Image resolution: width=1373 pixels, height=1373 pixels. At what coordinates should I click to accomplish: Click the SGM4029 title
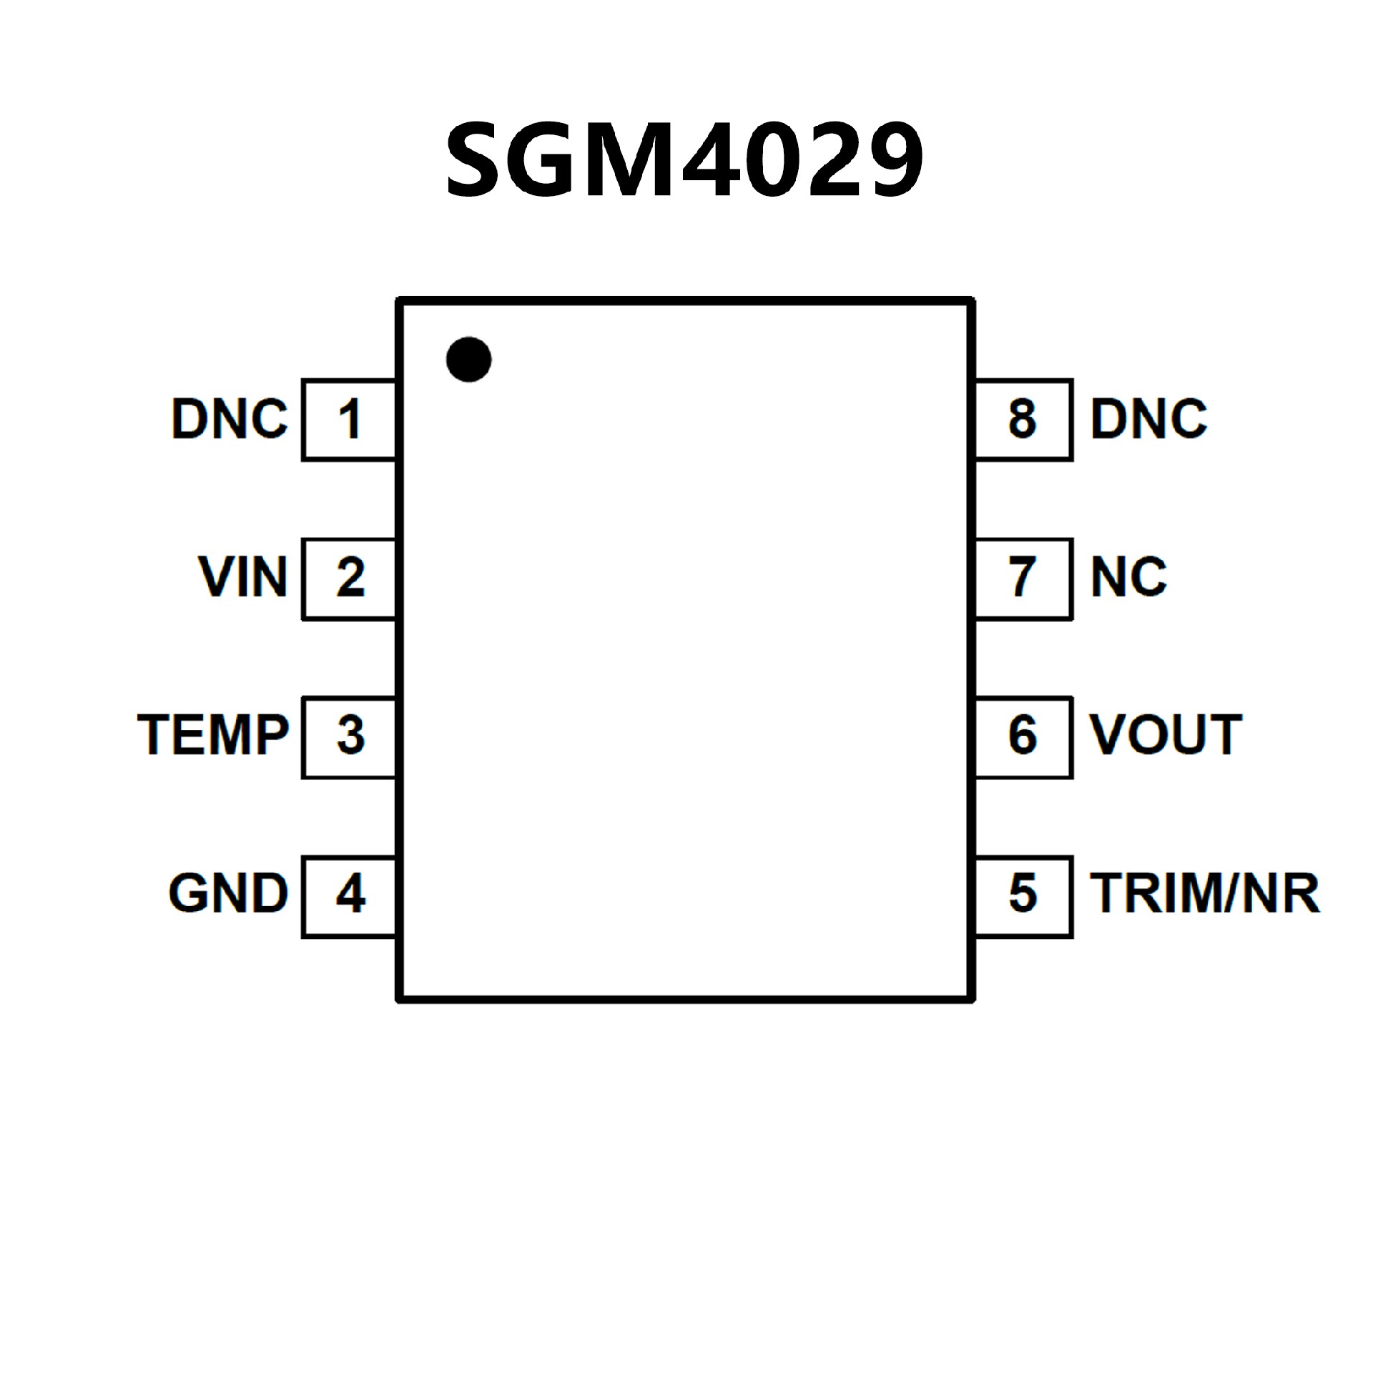point(685,159)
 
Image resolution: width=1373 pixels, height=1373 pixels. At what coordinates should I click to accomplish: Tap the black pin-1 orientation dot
point(468,359)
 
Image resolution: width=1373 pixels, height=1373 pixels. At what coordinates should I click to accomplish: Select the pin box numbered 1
point(349,420)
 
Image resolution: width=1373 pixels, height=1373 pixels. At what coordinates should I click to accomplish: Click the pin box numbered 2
point(349,578)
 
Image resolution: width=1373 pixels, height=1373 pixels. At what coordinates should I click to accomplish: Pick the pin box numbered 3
point(349,736)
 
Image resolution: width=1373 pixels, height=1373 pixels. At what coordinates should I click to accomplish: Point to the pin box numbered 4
point(349,895)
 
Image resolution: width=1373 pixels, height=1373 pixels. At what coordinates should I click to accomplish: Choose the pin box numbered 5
point(1023,895)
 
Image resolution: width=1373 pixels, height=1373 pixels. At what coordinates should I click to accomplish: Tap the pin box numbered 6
point(1023,736)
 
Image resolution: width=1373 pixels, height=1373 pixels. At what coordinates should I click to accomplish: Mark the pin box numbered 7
point(1023,578)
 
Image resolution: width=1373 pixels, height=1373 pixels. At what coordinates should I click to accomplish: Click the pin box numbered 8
point(1023,420)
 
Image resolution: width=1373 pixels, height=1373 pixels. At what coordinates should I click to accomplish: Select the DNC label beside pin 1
point(230,419)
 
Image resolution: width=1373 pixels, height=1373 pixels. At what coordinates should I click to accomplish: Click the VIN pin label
point(243,577)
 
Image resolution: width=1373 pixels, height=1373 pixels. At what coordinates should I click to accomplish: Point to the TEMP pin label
point(213,735)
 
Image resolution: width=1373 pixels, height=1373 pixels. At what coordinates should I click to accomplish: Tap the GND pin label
point(228,894)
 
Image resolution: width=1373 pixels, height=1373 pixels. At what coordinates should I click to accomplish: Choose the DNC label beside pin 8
point(1148,419)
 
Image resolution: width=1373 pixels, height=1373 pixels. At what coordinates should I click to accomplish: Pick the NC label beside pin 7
point(1128,577)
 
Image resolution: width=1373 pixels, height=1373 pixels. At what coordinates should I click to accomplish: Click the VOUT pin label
point(1166,735)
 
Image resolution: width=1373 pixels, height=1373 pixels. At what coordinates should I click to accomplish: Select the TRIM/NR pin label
point(1204,894)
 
